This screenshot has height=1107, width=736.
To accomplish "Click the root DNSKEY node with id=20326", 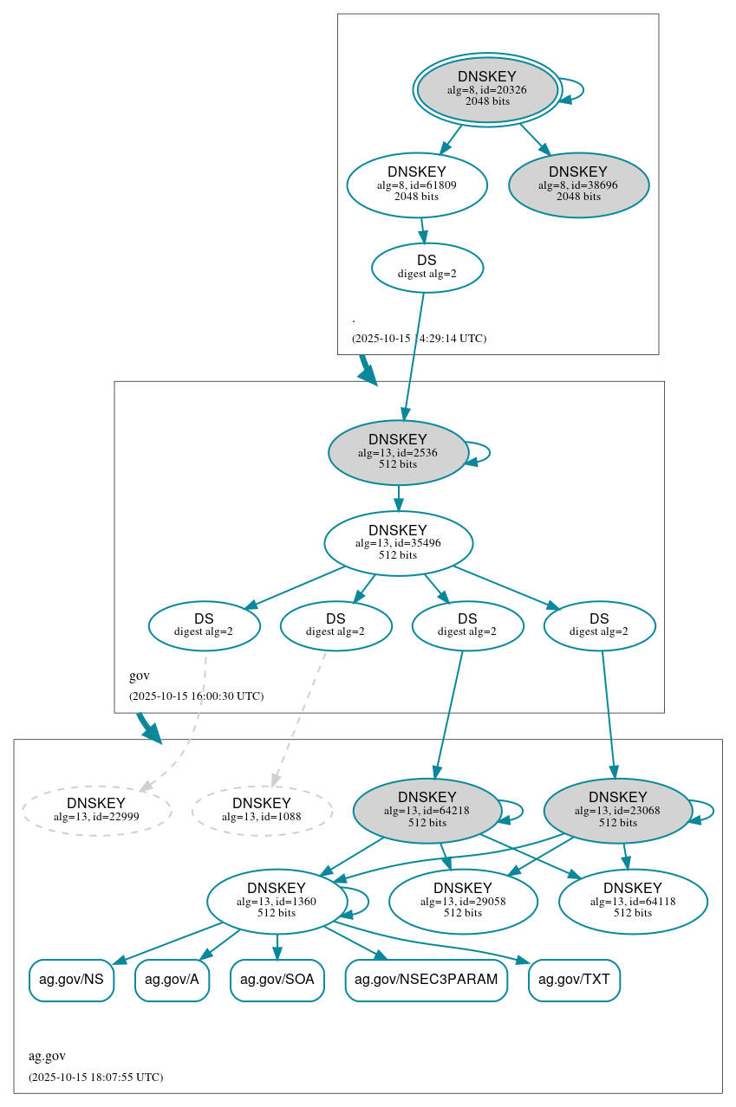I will click(487, 89).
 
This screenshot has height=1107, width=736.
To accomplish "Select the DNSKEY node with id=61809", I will click(417, 184).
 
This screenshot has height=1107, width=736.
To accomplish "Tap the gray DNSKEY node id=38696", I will click(578, 184).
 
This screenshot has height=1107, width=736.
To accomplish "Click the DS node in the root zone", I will click(427, 267).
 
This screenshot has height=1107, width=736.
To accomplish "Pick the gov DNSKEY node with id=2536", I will click(398, 452).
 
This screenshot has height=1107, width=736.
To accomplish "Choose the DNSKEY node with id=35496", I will click(398, 543).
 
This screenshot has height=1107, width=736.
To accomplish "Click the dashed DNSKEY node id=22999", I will click(96, 810).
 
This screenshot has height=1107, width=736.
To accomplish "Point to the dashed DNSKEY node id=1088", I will click(262, 810).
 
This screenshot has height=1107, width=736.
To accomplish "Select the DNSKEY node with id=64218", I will click(427, 810).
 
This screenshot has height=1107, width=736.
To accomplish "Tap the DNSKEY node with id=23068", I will click(617, 810).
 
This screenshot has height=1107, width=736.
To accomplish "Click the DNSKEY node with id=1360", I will click(277, 901).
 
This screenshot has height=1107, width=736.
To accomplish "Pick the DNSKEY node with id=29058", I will click(463, 901).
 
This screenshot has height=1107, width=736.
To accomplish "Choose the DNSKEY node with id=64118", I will click(633, 901).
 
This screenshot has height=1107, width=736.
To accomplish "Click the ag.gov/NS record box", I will click(71, 980).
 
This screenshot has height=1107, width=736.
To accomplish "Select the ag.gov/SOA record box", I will click(277, 980).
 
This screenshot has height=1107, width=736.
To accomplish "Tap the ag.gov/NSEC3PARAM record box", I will click(426, 980).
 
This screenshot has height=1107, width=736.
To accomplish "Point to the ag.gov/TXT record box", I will click(574, 980).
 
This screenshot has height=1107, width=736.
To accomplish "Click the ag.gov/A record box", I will click(172, 980).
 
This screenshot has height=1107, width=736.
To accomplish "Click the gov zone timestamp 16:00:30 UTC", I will click(196, 696).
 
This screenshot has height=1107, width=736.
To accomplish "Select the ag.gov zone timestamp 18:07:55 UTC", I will click(95, 1077).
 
